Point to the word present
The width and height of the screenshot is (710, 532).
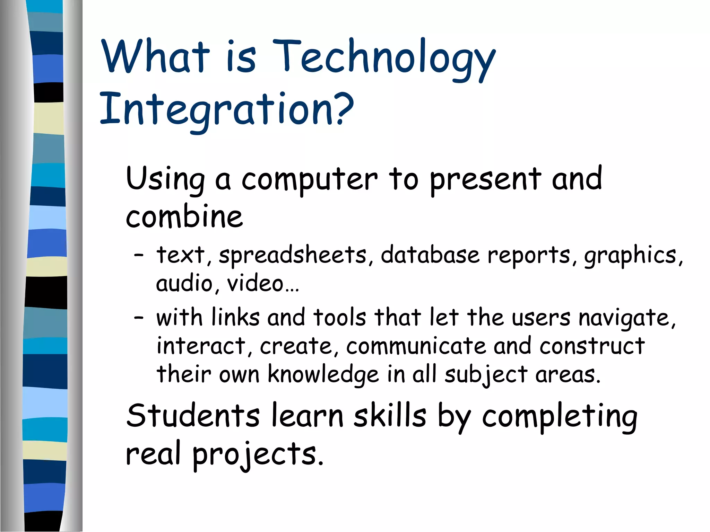coord(485,180)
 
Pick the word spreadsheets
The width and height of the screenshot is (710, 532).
coord(293,256)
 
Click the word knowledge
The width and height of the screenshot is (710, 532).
coord(323,375)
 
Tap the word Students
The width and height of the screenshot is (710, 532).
coord(193,416)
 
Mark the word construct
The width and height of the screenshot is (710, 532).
coord(592,346)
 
